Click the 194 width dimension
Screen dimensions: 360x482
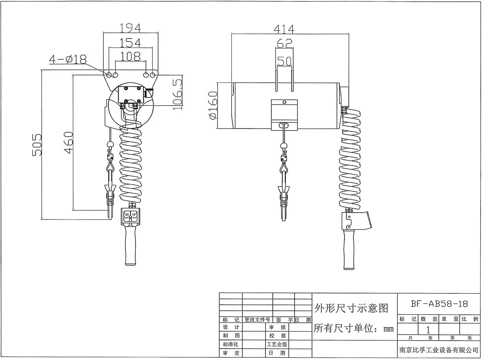click(130, 28)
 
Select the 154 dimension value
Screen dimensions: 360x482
click(130, 43)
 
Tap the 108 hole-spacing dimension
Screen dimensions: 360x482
click(130, 57)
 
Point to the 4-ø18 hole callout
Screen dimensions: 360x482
click(68, 59)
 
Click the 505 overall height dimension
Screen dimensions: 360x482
click(37, 145)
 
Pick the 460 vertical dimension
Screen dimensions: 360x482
click(68, 143)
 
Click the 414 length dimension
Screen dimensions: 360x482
click(284, 29)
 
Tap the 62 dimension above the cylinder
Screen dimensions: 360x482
click(285, 43)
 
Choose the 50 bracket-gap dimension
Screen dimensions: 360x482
click(285, 61)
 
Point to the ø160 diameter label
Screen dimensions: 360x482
click(213, 105)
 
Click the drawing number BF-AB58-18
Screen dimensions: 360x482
click(439, 304)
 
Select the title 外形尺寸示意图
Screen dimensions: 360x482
click(351, 308)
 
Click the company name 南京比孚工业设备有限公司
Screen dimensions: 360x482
click(439, 350)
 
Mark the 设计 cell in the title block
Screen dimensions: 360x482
click(231, 327)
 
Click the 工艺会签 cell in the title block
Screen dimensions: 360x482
click(276, 344)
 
